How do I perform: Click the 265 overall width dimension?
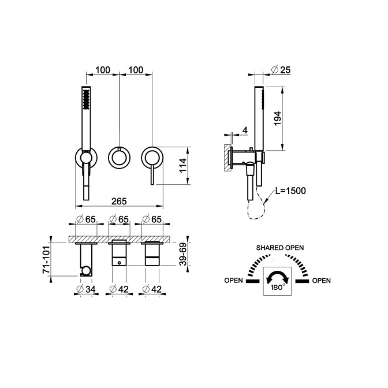(119, 202)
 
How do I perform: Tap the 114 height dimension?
(183, 166)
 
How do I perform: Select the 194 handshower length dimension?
(278, 118)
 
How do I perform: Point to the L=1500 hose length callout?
(290, 191)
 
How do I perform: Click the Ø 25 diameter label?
(281, 70)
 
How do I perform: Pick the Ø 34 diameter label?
(86, 289)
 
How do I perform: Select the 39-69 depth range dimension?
(183, 255)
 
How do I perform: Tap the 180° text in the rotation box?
(277, 288)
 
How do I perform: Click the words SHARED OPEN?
(280, 248)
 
